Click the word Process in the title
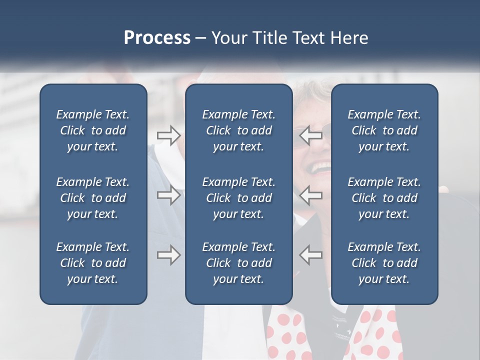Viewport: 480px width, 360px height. [157, 38]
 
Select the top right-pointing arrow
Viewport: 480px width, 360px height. [168, 135]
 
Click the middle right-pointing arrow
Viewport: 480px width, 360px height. [168, 195]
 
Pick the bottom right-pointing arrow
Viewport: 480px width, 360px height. [168, 255]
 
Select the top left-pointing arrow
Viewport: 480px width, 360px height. [311, 135]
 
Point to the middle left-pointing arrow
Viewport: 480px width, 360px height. [311, 195]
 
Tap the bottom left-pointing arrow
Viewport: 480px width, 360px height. [311, 255]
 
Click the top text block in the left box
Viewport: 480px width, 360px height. [93, 130]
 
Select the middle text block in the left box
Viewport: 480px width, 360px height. [93, 198]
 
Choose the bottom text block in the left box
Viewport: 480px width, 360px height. [93, 263]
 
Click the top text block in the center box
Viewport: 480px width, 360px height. [238, 130]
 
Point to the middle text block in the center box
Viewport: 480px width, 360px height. [238, 198]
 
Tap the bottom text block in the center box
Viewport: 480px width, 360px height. [238, 263]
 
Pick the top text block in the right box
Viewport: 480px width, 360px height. [384, 130]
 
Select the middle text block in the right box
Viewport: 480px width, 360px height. [384, 198]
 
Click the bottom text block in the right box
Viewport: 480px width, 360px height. [384, 263]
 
